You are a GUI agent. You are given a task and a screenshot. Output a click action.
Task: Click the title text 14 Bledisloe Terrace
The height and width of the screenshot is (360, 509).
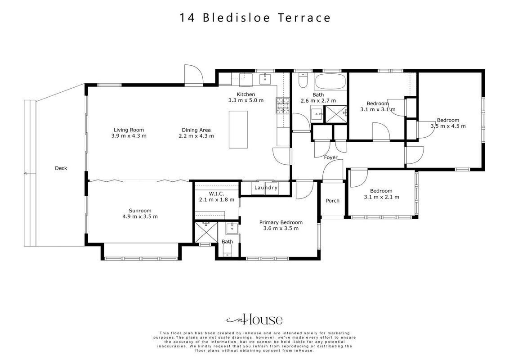coord(255,18)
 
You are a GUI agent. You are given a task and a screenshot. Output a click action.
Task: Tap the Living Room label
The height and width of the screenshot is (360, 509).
coord(129,130)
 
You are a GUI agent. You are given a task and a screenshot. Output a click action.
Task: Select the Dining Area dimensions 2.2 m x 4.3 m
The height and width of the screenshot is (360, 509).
coord(196,136)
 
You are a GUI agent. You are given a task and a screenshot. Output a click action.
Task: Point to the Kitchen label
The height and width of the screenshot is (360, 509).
coord(246,94)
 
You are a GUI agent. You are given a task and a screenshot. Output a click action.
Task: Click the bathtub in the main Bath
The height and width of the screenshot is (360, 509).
coord(330,81)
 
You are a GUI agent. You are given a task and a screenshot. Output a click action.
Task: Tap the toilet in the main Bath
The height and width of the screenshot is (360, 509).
coord(303,80)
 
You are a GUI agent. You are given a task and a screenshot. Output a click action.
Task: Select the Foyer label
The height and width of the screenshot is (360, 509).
coord(331,157)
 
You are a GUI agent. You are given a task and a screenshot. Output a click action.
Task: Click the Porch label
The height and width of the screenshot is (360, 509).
coord(332,201)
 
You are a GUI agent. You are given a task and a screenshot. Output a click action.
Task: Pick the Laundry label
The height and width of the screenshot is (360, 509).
coord(266,188)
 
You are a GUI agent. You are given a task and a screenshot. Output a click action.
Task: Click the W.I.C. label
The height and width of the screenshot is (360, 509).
coord(217,193)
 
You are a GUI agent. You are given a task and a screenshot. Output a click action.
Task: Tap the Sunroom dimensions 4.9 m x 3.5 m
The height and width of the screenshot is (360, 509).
coord(140,217)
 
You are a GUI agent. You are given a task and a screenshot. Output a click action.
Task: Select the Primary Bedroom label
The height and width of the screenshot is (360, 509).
coord(281,223)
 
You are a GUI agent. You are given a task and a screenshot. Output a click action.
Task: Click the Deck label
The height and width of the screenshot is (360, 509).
coord(61,168)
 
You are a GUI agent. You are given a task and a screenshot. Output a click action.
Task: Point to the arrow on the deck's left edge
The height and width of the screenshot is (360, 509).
coord(30,173)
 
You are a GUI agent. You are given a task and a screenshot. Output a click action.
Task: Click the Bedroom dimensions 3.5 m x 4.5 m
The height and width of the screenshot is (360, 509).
coord(448,126)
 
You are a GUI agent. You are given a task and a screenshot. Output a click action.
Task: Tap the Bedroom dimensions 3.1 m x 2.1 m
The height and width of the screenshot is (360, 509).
coord(381,197)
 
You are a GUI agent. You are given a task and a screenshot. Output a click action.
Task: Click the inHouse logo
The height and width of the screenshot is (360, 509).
coord(254,319)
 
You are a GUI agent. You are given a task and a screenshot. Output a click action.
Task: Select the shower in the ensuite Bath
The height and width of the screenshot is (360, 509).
coord(205,232)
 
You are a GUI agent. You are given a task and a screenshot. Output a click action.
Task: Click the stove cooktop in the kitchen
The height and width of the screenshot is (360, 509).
coord(283,106)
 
